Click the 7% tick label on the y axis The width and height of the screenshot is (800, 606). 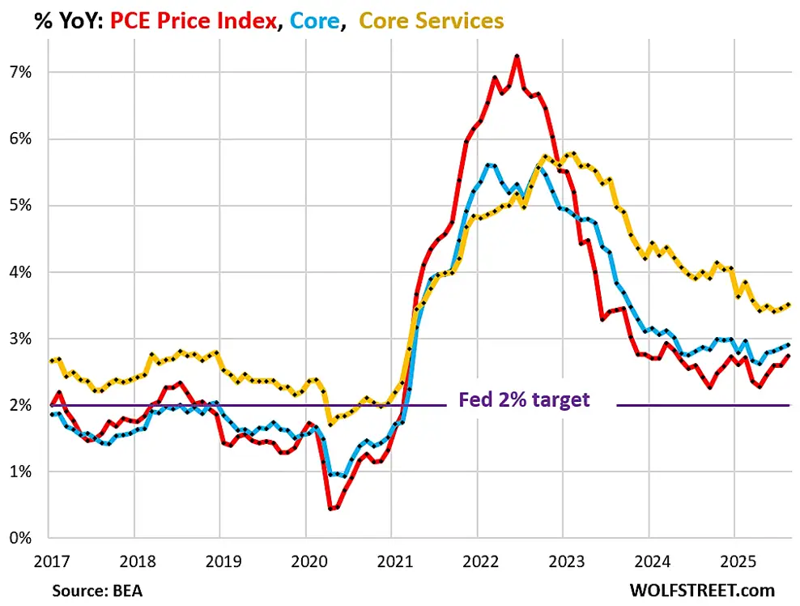pyautogui.click(x=21, y=73)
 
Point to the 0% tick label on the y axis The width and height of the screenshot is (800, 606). pyautogui.click(x=21, y=538)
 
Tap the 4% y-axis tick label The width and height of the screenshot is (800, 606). pyautogui.click(x=21, y=272)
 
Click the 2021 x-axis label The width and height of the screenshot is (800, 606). pyautogui.click(x=390, y=561)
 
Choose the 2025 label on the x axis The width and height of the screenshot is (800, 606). pyautogui.click(x=733, y=561)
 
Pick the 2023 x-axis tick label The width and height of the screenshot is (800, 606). pyautogui.click(x=562, y=561)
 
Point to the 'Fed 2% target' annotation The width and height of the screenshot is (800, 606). pyautogui.click(x=524, y=399)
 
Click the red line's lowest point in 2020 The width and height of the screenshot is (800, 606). pyautogui.click(x=330, y=509)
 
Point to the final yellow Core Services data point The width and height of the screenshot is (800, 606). pyautogui.click(x=789, y=305)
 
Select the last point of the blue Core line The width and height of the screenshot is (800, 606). pyautogui.click(x=789, y=344)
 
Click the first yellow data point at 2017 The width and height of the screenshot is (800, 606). pyautogui.click(x=50, y=361)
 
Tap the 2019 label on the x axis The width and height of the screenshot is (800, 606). pyautogui.click(x=219, y=561)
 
